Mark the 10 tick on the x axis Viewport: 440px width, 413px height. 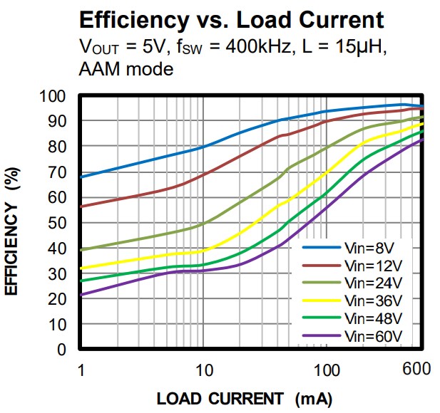[x=204, y=370]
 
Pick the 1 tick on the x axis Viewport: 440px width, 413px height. [x=81, y=370]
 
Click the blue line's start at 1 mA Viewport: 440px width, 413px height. [x=81, y=177]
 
